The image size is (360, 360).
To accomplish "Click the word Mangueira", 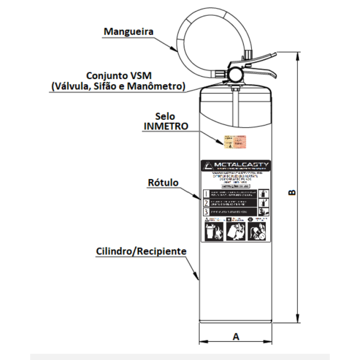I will click(128, 31).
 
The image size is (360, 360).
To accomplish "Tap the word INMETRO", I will click(166, 126).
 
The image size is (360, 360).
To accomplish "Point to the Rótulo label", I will click(163, 182).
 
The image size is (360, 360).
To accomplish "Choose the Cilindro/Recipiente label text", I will click(141, 251).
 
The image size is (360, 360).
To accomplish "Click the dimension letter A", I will click(236, 337).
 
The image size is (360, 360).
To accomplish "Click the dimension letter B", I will click(292, 192).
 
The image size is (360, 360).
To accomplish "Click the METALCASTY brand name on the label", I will click(241, 165).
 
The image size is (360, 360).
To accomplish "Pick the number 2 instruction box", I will click(206, 203).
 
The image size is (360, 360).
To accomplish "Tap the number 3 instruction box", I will click(206, 212).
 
